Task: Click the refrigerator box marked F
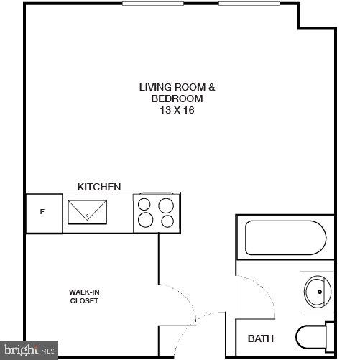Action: pos(42,213)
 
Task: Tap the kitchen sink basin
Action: pos(87,211)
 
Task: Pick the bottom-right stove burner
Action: pos(167,221)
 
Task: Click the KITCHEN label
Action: pos(99,187)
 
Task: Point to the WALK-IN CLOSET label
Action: pos(83,296)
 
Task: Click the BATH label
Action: pos(260,338)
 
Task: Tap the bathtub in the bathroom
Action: pos(285,238)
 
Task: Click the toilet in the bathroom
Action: pos(314,336)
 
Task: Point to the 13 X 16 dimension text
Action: pos(177,111)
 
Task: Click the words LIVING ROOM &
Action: pos(177,87)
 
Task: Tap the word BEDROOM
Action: pos(177,98)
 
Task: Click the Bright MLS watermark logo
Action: pos(29,350)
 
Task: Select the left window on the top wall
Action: pos(152,3)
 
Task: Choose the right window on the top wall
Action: pos(249,3)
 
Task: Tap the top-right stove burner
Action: pos(167,205)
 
